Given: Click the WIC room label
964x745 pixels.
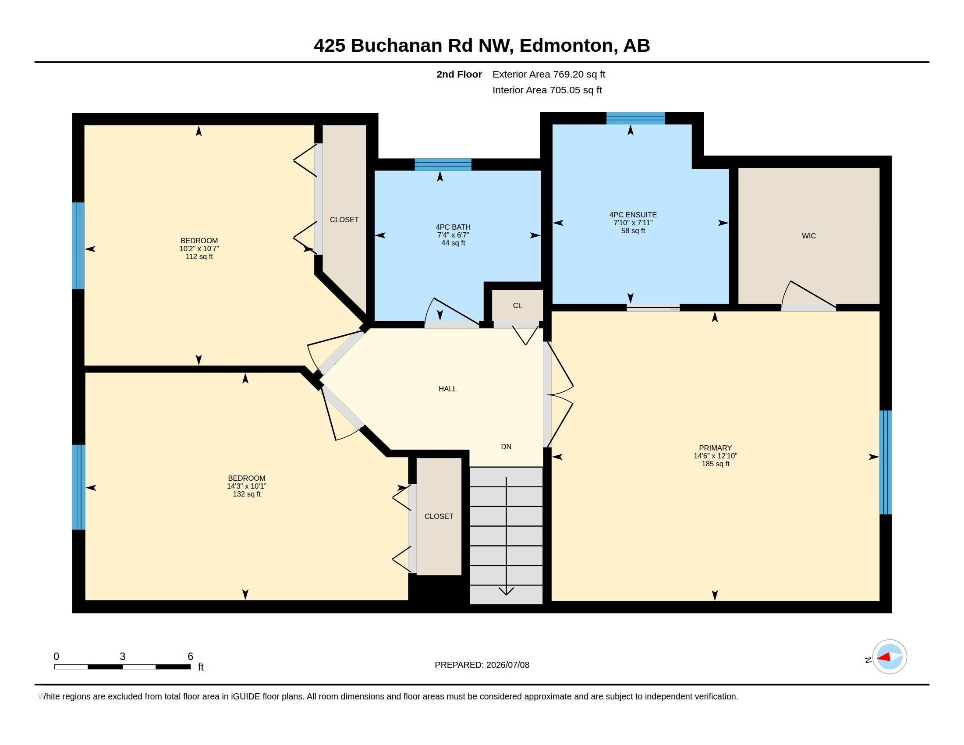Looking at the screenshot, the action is click(x=808, y=236).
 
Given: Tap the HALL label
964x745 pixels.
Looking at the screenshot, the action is click(x=447, y=389).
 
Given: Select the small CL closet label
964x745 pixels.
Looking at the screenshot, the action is click(x=517, y=305).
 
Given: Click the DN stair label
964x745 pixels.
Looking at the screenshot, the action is click(x=506, y=447).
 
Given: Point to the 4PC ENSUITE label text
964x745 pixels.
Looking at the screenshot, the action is click(x=633, y=215).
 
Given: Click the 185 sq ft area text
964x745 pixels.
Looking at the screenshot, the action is click(x=716, y=464).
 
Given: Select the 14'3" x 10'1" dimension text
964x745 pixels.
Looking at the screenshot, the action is click(x=247, y=486).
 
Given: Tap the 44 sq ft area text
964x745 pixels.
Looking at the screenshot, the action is click(x=454, y=243).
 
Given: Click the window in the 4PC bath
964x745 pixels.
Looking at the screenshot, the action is click(x=443, y=165).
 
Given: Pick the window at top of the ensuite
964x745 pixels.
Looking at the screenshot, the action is click(x=636, y=118).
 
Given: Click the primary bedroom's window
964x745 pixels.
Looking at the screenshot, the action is click(x=886, y=462).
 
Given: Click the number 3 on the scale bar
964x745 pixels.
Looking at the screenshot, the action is click(x=123, y=656).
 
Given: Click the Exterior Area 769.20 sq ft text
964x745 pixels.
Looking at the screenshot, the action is click(x=549, y=74).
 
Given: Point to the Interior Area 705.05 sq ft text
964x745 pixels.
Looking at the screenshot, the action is click(x=547, y=90).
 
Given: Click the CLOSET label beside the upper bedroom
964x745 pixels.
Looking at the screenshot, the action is click(x=344, y=220).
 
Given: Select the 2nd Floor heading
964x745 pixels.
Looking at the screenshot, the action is click(x=459, y=74).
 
